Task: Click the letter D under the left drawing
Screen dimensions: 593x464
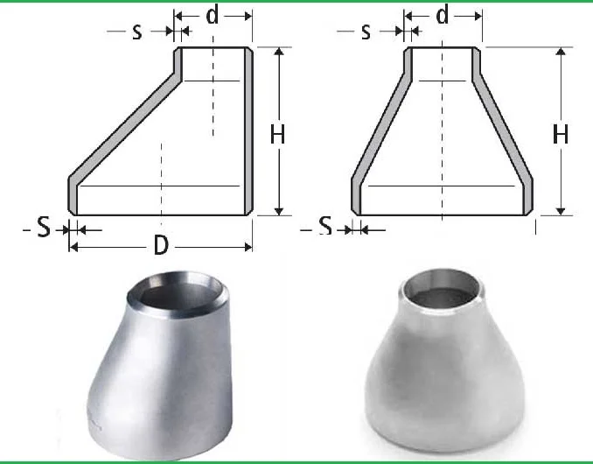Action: coord(161,246)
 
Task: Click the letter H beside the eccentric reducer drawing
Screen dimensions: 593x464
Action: coord(277,134)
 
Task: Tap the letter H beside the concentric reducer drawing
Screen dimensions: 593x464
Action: coord(560,134)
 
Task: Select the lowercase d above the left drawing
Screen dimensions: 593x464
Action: coord(213,16)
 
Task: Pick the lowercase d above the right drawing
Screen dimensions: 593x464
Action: coord(442,16)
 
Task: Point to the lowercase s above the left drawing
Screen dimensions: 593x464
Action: coord(137,32)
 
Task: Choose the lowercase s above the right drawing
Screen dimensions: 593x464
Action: coord(366,32)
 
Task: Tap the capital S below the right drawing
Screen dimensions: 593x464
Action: coord(325,226)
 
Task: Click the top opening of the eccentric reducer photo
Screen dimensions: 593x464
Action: coord(178,292)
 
